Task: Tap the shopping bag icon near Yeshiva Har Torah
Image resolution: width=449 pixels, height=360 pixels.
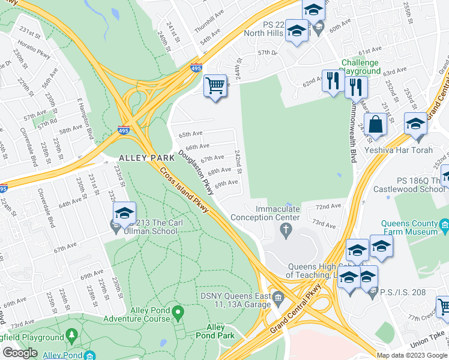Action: (x=375, y=125)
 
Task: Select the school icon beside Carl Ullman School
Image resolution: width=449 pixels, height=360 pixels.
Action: (x=124, y=213)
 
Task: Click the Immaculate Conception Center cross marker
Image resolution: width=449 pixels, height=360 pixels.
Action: (x=286, y=230)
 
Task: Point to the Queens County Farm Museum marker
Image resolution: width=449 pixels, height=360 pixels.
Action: (x=444, y=226)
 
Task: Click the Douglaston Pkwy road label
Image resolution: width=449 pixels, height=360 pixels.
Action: (x=196, y=172)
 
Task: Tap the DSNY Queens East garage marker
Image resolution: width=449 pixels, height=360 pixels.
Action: (x=278, y=297)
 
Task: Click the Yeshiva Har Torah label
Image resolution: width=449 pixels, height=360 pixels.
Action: (x=406, y=150)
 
